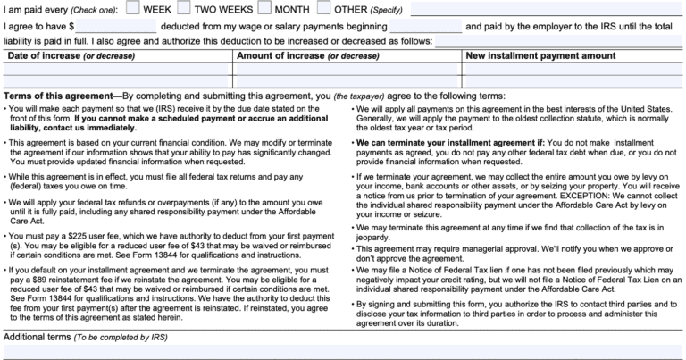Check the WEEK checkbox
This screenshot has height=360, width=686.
(132, 10)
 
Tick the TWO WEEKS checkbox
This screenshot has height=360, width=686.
(183, 10)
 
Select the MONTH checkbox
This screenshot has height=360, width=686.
(265, 10)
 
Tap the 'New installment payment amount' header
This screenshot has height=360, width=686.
(533, 56)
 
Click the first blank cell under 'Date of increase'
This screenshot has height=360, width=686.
(116, 70)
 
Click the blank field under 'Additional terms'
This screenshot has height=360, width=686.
(343, 351)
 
